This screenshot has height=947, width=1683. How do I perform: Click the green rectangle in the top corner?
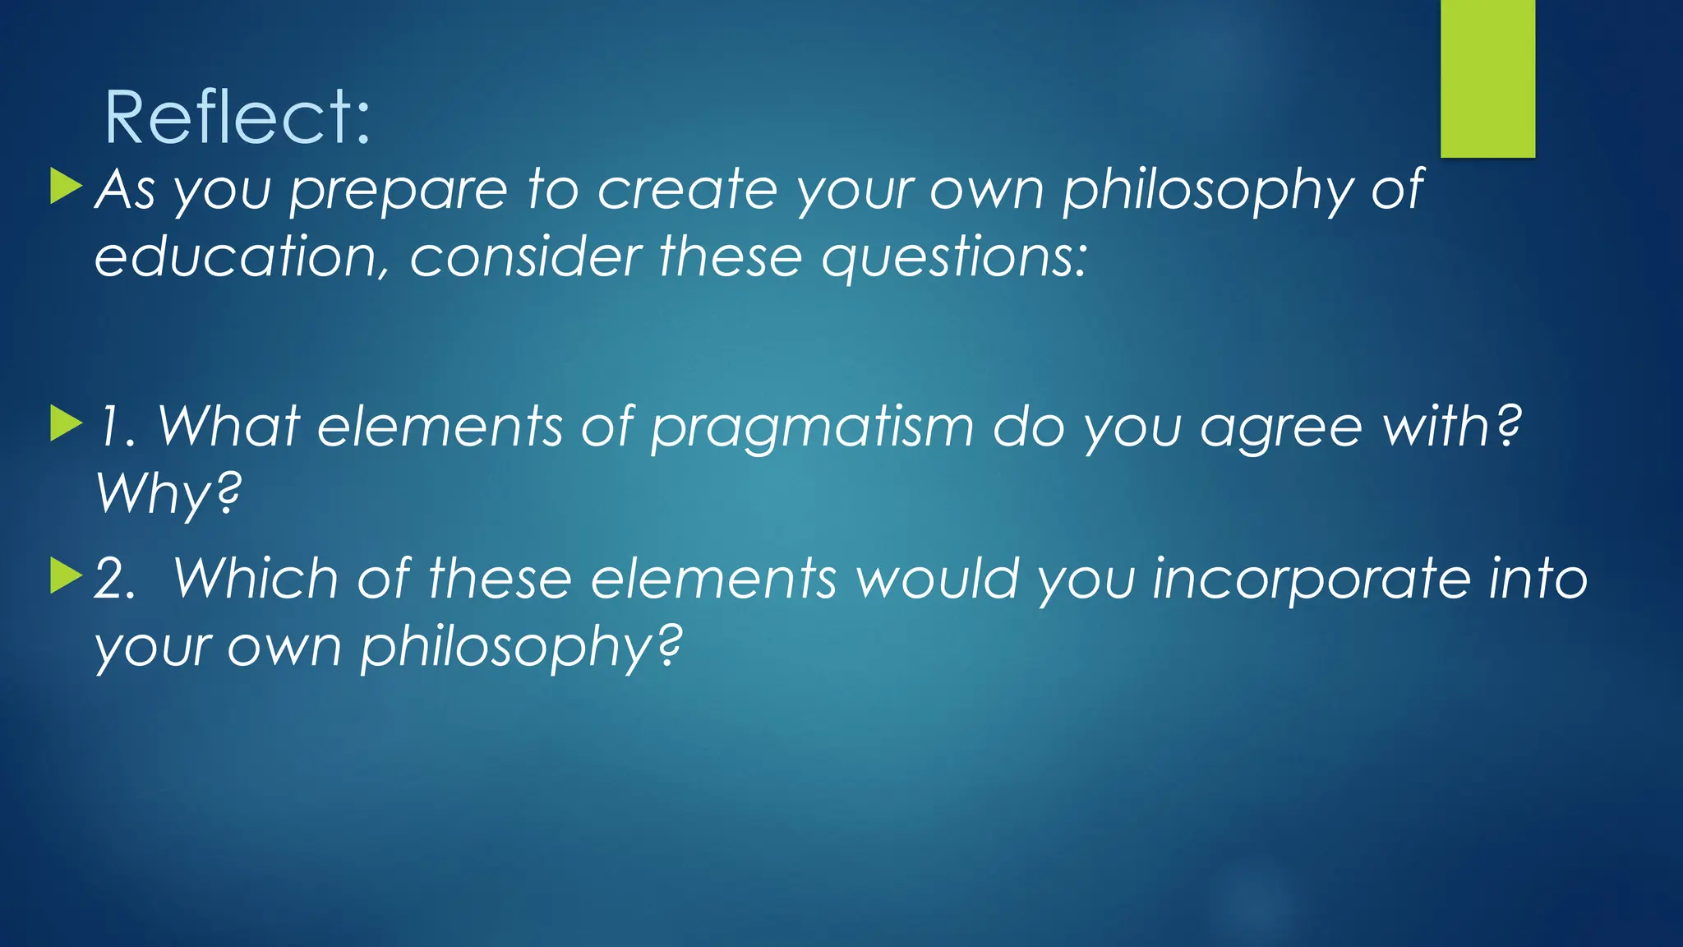point(1487,78)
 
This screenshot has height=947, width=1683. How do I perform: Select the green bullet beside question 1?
point(66,423)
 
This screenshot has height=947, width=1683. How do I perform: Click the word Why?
point(168,495)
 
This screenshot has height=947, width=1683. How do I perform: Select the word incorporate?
point(1312,579)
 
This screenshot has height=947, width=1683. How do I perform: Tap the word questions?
point(953,258)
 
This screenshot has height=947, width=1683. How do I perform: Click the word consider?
point(526,256)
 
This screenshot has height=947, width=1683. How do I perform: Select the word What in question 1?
point(228,427)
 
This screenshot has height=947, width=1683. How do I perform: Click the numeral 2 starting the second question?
point(113,579)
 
